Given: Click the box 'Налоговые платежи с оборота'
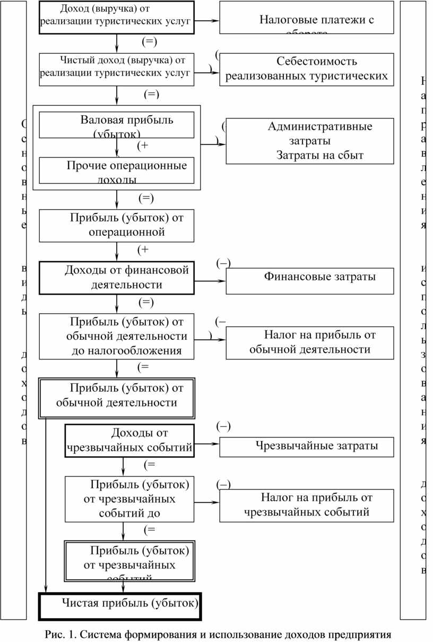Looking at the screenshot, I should pyautogui.click(x=307, y=18).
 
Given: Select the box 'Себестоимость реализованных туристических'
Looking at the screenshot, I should pyautogui.click(x=307, y=70).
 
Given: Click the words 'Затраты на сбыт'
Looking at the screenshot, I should pyautogui.click(x=319, y=155).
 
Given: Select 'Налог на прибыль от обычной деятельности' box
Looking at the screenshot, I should pyautogui.click(x=310, y=343).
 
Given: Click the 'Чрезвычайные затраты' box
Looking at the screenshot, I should pyautogui.click(x=307, y=447).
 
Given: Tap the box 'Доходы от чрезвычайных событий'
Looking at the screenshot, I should pyautogui.click(x=129, y=440).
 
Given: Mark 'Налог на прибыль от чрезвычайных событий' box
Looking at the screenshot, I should pyautogui.click(x=307, y=506).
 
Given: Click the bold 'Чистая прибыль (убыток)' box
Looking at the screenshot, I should pyautogui.click(x=120, y=606).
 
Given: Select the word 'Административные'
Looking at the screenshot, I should pyautogui.click(x=319, y=126).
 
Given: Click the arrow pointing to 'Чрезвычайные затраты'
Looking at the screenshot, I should pyautogui.click(x=208, y=443).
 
